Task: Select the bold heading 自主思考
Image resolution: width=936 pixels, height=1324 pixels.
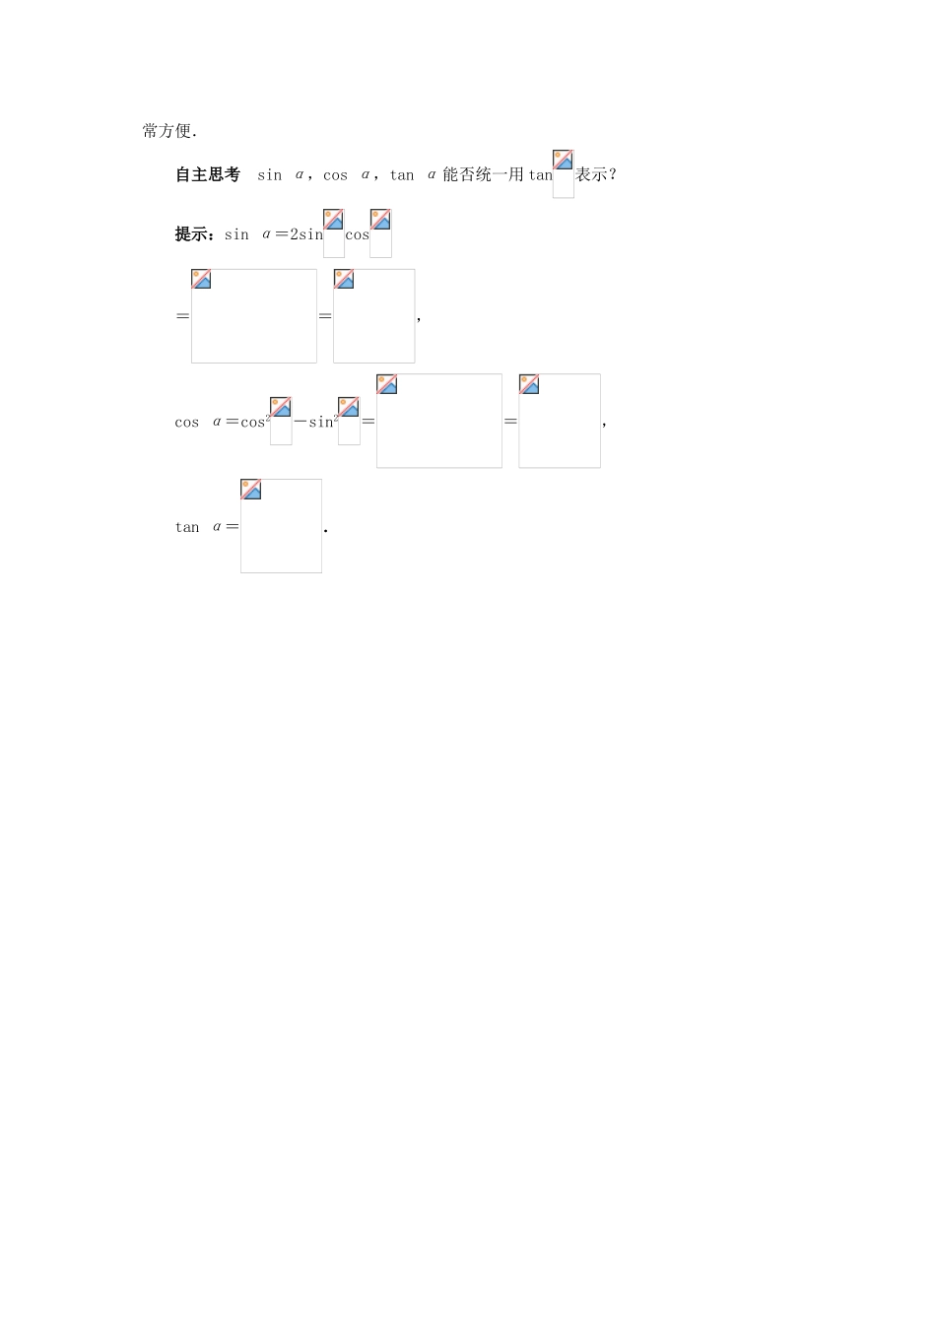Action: click(x=208, y=174)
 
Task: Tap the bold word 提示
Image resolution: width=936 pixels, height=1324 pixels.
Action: click(x=192, y=234)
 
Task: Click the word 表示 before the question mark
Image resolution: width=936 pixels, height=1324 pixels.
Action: click(x=591, y=174)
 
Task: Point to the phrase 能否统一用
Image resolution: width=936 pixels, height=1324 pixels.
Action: click(x=483, y=174)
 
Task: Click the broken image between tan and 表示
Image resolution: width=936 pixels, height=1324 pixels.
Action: click(x=563, y=173)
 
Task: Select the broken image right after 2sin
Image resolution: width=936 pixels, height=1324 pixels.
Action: click(x=334, y=232)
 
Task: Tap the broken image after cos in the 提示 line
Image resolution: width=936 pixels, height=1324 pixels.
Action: click(x=380, y=232)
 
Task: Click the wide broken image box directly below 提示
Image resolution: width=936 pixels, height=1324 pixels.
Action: click(x=254, y=315)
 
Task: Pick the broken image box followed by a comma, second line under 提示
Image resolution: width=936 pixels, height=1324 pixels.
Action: click(x=373, y=315)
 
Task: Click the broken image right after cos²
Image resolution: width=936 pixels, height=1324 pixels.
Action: click(x=281, y=421)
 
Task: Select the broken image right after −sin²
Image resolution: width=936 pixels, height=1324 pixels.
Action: click(x=349, y=421)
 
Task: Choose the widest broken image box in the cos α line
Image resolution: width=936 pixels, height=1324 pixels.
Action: click(x=438, y=421)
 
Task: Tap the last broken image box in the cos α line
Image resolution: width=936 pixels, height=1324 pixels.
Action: click(x=559, y=421)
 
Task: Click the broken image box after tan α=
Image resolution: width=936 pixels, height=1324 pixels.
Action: click(x=281, y=525)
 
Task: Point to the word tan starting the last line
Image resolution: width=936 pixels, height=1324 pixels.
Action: click(x=187, y=527)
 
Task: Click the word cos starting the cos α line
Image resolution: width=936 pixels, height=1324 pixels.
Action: click(x=187, y=423)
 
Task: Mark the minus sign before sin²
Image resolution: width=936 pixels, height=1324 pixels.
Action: click(x=301, y=422)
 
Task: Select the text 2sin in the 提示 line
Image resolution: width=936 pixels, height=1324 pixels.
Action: click(x=306, y=234)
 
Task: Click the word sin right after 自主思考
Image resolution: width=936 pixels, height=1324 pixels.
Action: click(x=269, y=175)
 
